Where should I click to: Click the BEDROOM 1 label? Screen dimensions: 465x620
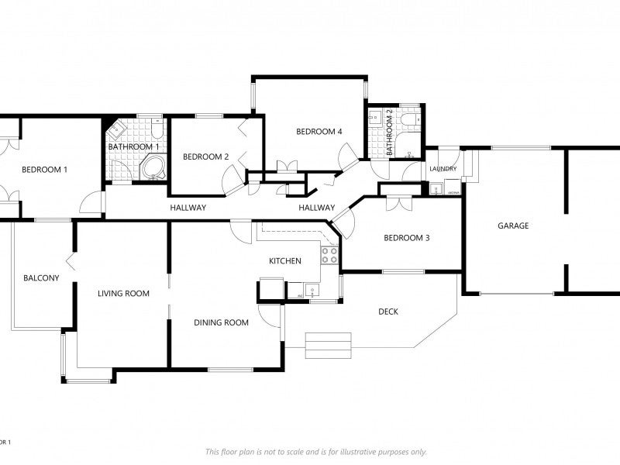(44, 170)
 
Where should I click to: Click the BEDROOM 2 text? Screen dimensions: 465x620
(205, 157)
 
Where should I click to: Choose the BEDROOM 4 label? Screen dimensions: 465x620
(319, 132)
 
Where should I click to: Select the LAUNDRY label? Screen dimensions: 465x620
(443, 169)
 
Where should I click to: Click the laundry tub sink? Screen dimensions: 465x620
(436, 188)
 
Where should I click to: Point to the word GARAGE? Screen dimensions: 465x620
(513, 226)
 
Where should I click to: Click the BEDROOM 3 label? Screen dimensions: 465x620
(406, 238)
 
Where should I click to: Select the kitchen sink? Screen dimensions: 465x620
(313, 291)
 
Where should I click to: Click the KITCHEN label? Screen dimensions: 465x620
(284, 261)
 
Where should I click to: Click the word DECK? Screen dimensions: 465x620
(387, 312)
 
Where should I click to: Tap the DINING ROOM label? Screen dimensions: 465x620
(221, 322)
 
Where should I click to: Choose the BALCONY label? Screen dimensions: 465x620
(41, 278)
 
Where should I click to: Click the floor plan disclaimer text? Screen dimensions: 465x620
(315, 452)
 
